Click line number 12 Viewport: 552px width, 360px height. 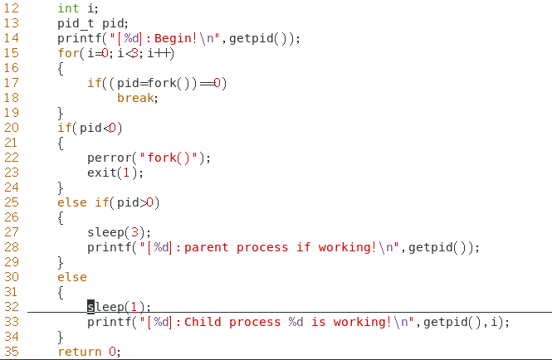coord(12,8)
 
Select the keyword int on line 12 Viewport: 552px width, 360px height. coord(68,8)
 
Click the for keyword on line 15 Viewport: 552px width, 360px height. coord(68,53)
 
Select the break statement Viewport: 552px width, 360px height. coord(135,98)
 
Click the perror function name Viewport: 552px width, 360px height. coord(109,158)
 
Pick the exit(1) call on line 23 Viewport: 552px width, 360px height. coord(113,173)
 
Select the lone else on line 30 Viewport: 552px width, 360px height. coord(72,277)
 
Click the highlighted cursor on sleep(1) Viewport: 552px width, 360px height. coord(91,307)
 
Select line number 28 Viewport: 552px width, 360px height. coord(12,247)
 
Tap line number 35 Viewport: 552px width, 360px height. coord(12,352)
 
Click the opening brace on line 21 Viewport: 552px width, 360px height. coord(61,143)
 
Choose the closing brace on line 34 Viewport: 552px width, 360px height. coord(61,337)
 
